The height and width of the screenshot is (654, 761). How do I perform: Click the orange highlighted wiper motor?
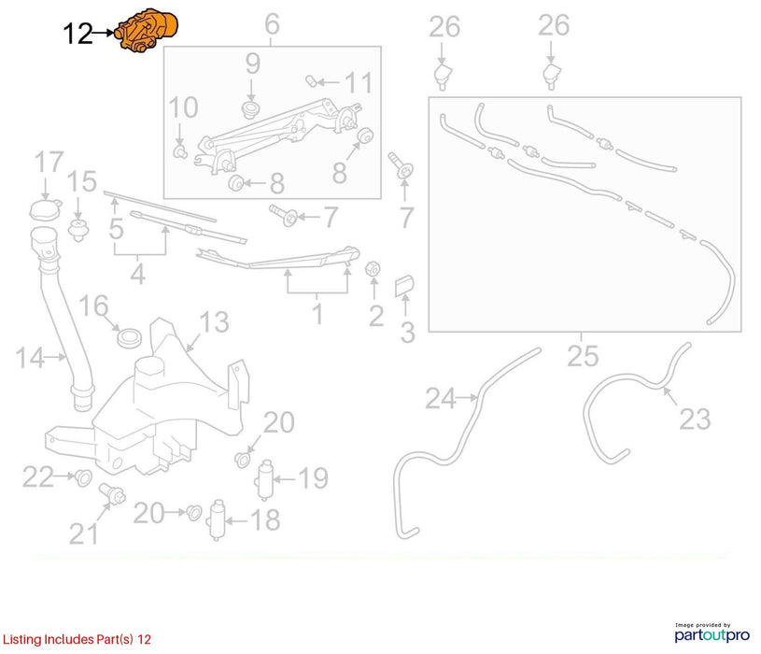click(x=147, y=29)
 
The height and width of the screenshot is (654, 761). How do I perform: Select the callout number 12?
click(x=78, y=34)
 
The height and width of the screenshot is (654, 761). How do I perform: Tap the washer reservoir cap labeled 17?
click(x=46, y=209)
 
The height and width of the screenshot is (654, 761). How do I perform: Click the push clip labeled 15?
click(x=78, y=230)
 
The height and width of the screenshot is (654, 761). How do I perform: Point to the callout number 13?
click(x=214, y=321)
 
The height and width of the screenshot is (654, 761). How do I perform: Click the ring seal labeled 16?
click(x=130, y=338)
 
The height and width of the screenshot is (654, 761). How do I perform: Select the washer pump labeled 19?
click(x=265, y=479)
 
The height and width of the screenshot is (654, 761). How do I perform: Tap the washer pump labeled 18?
click(x=217, y=520)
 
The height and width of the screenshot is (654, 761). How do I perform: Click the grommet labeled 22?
click(x=83, y=478)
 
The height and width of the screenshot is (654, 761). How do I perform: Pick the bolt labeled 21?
click(x=113, y=494)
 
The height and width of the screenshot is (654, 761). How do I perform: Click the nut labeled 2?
click(x=373, y=268)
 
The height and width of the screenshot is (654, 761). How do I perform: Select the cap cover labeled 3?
click(x=404, y=286)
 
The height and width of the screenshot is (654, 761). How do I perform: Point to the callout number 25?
click(x=583, y=356)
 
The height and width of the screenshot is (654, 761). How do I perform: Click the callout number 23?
click(x=695, y=419)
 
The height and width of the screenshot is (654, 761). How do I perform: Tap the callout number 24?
click(x=441, y=399)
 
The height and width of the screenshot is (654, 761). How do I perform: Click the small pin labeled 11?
click(x=312, y=80)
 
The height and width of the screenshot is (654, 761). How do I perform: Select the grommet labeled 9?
click(x=250, y=109)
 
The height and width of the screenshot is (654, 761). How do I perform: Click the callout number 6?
click(x=273, y=23)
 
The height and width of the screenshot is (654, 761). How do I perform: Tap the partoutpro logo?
click(x=712, y=633)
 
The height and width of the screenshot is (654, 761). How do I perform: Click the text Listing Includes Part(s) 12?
click(x=77, y=639)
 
